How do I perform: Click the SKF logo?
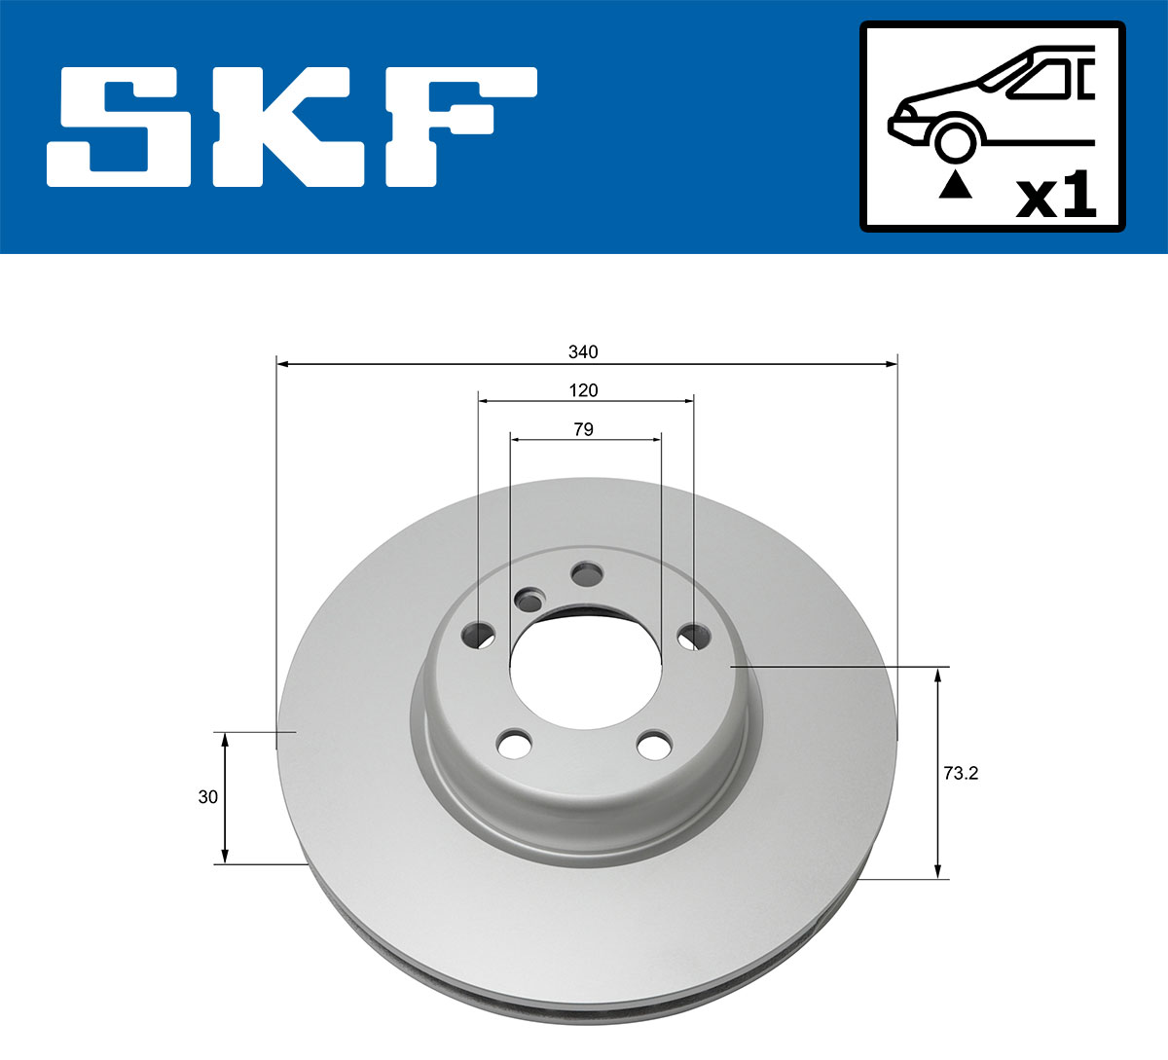point(292,127)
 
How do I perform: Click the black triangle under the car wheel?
point(955,184)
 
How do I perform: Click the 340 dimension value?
point(584,351)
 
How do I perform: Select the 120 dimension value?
point(584,390)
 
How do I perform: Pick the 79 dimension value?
point(584,429)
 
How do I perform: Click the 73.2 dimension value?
point(961,774)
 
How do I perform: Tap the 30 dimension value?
point(207,797)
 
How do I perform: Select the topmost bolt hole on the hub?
point(586,574)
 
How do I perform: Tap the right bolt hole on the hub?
point(692,638)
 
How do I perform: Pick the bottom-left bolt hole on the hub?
point(514,745)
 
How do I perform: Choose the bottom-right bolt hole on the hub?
point(654,747)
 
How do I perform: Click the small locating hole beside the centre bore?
point(529,601)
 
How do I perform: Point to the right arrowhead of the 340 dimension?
point(891,364)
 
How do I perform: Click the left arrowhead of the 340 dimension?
point(283,364)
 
